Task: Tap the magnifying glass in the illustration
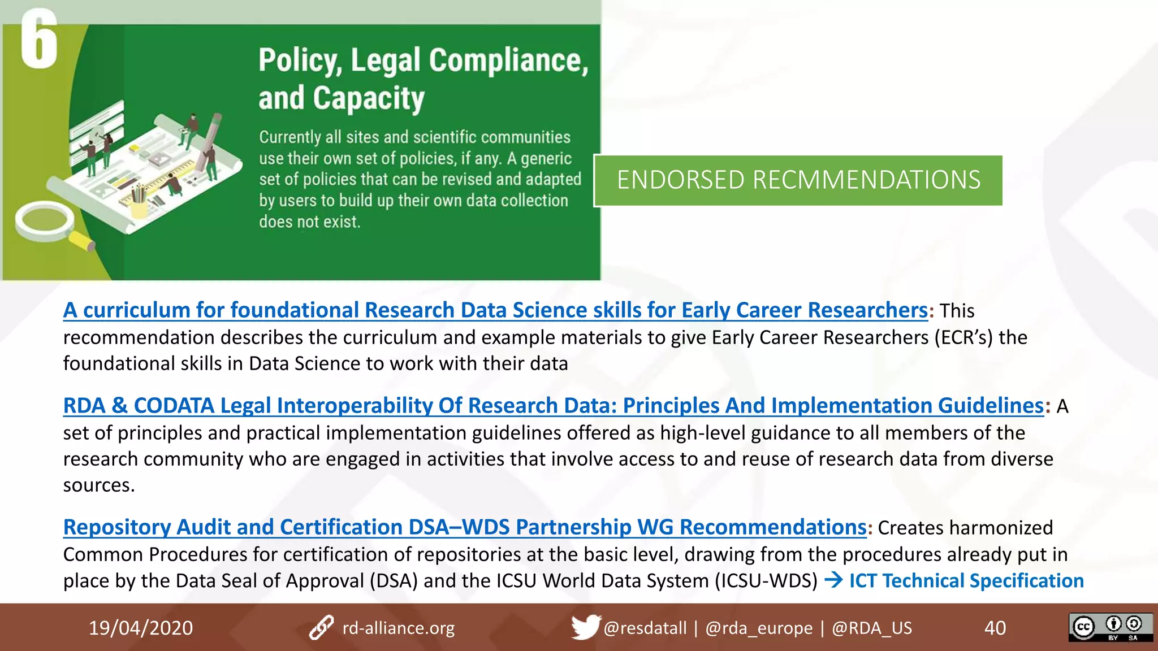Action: (x=45, y=220)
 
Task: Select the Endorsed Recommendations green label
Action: (x=798, y=180)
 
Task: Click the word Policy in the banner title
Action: (x=299, y=60)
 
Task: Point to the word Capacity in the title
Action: (x=368, y=99)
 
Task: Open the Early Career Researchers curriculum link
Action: (x=495, y=310)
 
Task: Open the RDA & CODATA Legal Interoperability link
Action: (x=552, y=406)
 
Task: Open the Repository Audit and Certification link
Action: (x=464, y=527)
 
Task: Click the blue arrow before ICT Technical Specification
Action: (x=833, y=580)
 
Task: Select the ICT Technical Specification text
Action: (x=966, y=581)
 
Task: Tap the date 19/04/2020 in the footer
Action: (x=141, y=628)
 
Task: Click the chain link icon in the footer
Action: (x=321, y=628)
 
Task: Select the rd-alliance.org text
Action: (x=398, y=628)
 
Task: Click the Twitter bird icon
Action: (x=585, y=627)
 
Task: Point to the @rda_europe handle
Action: (x=759, y=628)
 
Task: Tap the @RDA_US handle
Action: (x=871, y=628)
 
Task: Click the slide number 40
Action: (x=995, y=628)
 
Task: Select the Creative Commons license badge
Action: (x=1111, y=627)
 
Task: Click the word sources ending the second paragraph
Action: (x=98, y=485)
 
